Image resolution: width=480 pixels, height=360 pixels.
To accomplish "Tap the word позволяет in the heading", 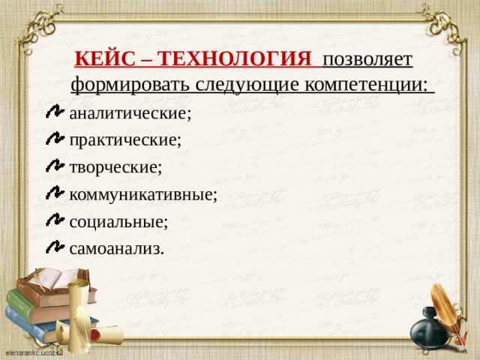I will pyautogui.click(x=366, y=58).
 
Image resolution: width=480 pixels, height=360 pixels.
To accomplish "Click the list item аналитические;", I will pyautogui.click(x=130, y=113).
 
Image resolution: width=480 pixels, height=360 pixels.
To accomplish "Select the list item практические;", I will pyautogui.click(x=124, y=140).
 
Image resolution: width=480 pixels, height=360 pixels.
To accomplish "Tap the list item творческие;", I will pyautogui.click(x=115, y=167).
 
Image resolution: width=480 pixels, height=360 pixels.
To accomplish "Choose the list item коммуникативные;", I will pyautogui.click(x=142, y=195).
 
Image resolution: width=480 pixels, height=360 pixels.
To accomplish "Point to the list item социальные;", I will pyautogui.click(x=118, y=222).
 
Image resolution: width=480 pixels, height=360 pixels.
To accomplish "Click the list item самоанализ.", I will pyautogui.click(x=116, y=249).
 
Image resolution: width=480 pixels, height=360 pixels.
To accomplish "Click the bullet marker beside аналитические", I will pyautogui.click(x=55, y=112).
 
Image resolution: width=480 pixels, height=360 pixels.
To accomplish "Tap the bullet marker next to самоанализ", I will pyautogui.click(x=55, y=247).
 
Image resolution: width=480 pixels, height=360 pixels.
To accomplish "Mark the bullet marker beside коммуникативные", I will pyautogui.click(x=55, y=193).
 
